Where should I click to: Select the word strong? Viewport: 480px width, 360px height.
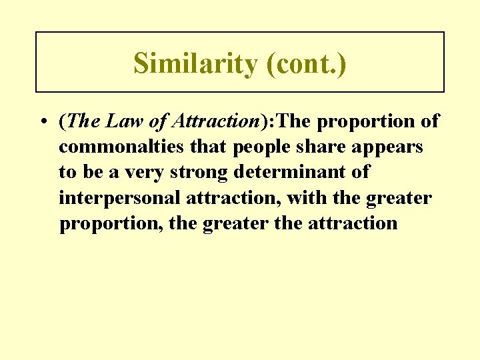pos(196,173)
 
